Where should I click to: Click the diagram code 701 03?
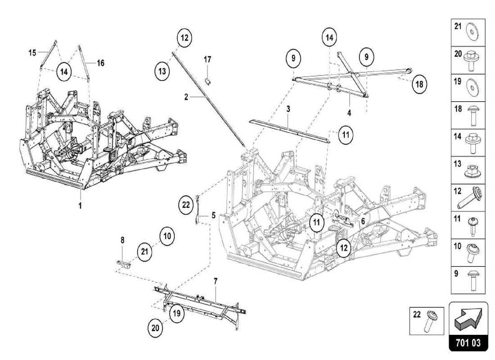click(x=468, y=343)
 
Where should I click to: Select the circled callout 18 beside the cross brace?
click(x=419, y=84)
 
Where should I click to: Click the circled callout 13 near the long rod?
click(x=162, y=72)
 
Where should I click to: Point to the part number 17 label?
click(x=207, y=59)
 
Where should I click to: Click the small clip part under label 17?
click(x=208, y=81)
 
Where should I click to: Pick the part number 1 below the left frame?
click(x=81, y=206)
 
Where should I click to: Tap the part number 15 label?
click(x=32, y=53)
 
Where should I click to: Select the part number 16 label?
click(x=100, y=63)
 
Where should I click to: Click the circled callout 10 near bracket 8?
click(x=166, y=235)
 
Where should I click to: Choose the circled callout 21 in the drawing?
click(x=144, y=252)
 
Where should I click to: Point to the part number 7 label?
click(x=216, y=281)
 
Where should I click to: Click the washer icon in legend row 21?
click(x=472, y=32)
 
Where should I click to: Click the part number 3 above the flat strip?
click(x=288, y=109)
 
